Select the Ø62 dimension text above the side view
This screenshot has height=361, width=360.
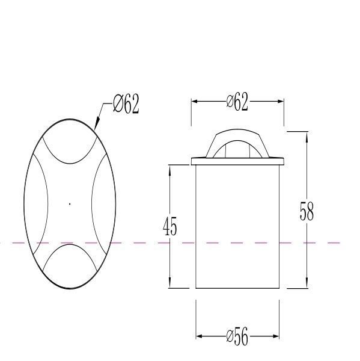(237, 102)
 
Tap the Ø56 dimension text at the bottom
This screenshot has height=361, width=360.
(237, 337)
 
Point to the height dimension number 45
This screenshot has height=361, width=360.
(170, 227)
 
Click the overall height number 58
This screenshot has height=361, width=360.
(307, 211)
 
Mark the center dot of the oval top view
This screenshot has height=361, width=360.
(70, 204)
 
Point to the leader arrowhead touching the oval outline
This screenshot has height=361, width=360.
(96, 126)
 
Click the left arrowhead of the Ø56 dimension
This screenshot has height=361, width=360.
(200, 336)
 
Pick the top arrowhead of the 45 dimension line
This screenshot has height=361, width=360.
(171, 169)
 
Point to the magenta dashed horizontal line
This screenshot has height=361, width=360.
(138, 243)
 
